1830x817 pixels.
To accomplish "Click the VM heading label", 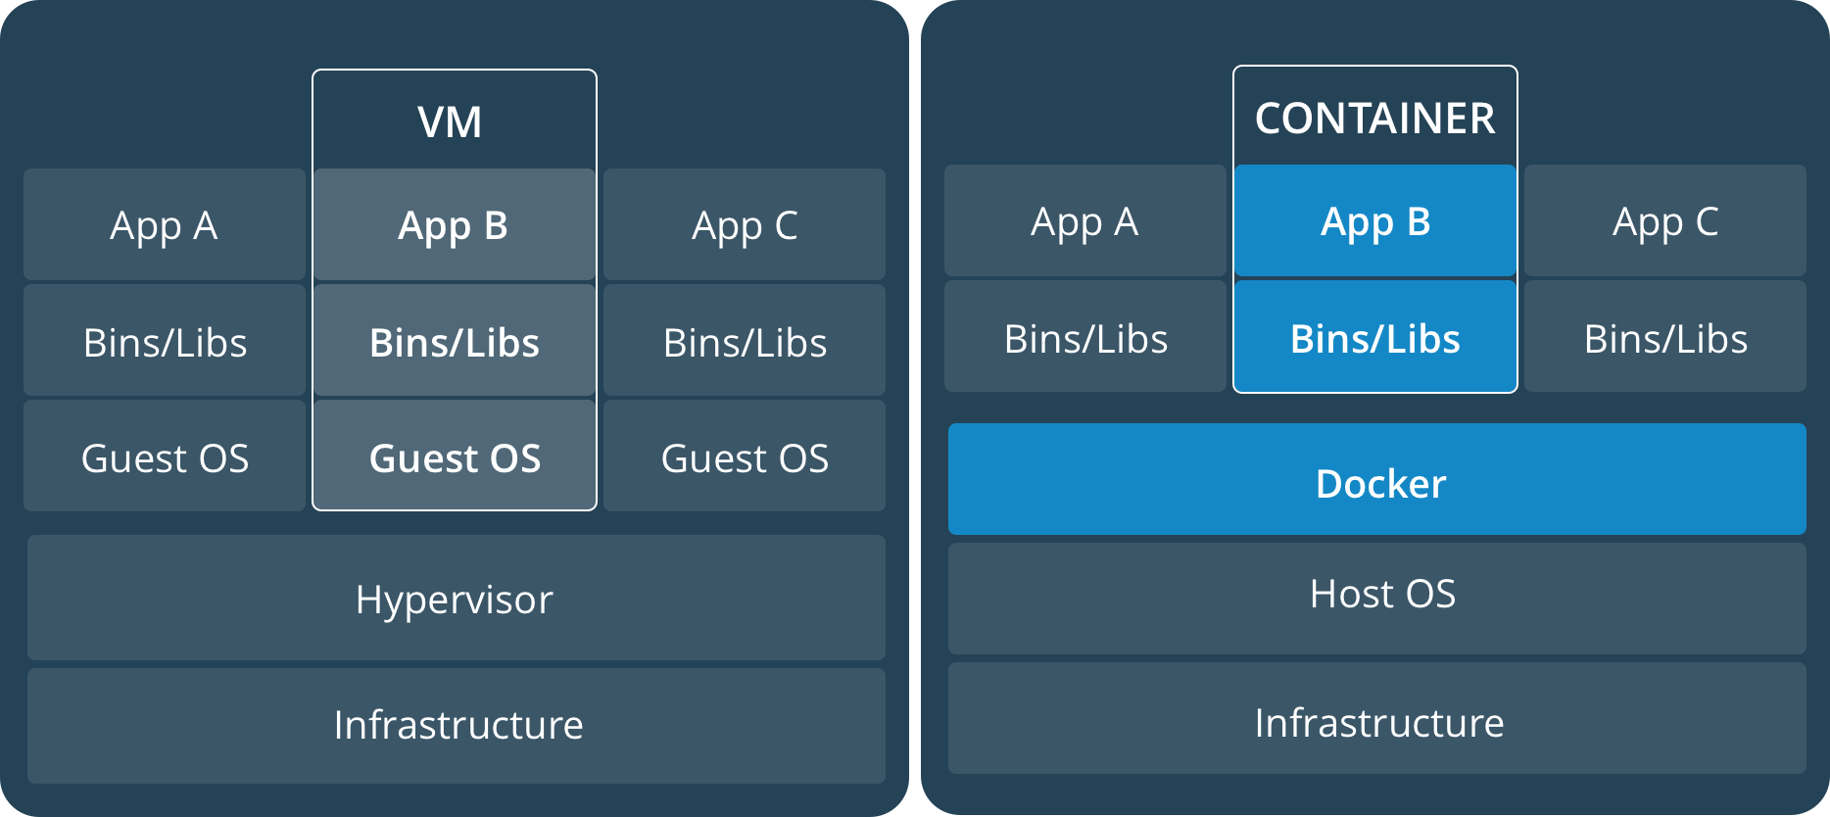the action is tap(450, 122).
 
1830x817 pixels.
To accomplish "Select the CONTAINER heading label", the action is tap(1374, 119).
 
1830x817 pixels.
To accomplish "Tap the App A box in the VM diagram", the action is tap(165, 224).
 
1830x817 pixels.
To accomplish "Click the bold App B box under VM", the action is tap(455, 224).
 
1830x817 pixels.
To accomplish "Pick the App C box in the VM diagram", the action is tap(745, 224).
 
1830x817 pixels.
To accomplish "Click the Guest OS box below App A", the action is tap(165, 456).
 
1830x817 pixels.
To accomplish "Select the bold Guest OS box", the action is tap(455, 456).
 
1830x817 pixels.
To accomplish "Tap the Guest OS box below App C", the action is tap(745, 456).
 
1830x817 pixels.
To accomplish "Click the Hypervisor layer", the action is tap(457, 598).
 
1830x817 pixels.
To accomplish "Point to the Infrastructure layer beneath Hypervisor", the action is tap(457, 726).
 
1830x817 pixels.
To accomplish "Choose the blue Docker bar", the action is tap(1377, 479).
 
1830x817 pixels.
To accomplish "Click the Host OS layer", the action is tap(1377, 599).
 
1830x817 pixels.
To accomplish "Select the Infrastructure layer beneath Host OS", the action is tap(1377, 718).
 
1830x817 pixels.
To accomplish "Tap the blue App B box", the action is tap(1375, 220).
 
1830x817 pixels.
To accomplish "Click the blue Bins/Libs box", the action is tap(1375, 336).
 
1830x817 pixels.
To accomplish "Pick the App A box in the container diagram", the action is tap(1085, 220).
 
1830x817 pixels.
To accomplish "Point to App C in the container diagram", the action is tap(1665, 220).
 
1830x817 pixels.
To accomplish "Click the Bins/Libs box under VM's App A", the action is tap(165, 340).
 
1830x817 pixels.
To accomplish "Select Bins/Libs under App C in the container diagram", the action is tap(1665, 336).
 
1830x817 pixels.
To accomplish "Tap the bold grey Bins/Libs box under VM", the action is tap(455, 340).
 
